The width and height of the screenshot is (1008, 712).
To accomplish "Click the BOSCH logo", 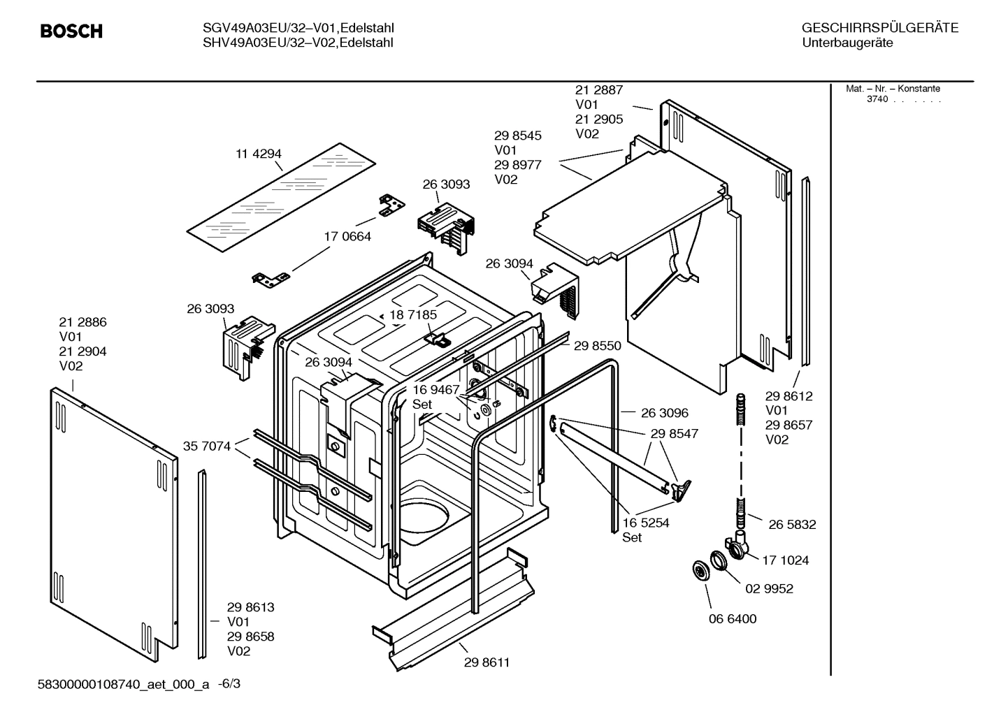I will coord(71,31).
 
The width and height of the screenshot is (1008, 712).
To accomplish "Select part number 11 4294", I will coord(259,154).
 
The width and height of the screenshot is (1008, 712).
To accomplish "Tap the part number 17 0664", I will coord(347,237).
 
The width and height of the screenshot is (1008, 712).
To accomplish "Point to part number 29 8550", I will coord(597,346).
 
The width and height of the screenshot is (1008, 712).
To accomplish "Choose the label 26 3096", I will coord(664,414).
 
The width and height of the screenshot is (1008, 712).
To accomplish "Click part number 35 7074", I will coord(207,446).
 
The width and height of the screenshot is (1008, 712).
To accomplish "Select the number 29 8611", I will coord(487,662).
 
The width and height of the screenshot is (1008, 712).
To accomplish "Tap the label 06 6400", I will coord(732,619).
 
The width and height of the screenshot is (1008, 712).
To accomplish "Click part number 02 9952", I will coord(769,589).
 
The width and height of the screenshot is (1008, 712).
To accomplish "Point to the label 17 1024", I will coord(785,560).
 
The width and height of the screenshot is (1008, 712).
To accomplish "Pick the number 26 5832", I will coord(792,525).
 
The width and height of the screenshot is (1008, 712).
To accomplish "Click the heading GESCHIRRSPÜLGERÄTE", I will coord(879,29).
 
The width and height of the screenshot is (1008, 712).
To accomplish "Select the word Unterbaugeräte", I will coord(847,43).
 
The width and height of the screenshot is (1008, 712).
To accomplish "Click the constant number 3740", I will coord(877,99).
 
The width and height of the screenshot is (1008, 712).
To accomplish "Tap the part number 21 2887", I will coord(598,90).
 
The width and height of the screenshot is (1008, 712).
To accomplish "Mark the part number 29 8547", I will coord(674,434).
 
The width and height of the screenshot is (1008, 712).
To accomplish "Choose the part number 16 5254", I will coord(645,523).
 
